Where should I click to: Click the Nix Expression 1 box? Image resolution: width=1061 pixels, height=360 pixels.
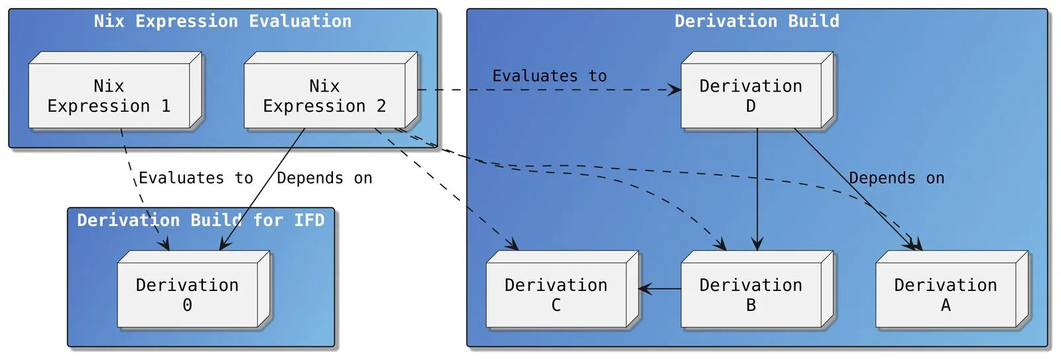[x=109, y=95]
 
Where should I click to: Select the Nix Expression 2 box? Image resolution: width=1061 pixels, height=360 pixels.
[x=325, y=95]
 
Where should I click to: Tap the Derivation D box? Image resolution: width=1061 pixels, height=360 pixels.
[x=751, y=95]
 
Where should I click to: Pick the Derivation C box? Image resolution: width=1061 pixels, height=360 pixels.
[x=556, y=294]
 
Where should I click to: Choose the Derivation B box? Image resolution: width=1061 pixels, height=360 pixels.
[x=751, y=294]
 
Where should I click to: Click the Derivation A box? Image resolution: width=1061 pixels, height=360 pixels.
[x=946, y=294]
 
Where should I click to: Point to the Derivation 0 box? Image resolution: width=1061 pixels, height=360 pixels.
[x=188, y=294]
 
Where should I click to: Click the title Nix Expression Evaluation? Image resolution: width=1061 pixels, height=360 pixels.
[x=223, y=21]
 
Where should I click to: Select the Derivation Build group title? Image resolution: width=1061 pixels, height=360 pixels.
[x=757, y=21]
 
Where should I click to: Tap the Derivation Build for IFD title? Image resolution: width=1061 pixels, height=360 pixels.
[x=201, y=220]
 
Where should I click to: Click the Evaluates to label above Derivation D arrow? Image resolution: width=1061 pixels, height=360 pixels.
[x=549, y=76]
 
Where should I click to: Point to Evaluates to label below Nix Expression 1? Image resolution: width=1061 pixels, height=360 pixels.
[x=196, y=178]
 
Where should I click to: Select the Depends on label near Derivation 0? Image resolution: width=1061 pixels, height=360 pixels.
[x=324, y=178]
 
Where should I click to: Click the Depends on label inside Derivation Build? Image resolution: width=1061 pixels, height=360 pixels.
[x=897, y=178]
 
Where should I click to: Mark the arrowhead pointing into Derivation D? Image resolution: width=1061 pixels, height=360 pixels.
[x=674, y=90]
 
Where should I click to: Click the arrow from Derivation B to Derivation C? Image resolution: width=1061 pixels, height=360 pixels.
[x=660, y=288]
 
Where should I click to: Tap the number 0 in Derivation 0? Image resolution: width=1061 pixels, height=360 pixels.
[x=188, y=305]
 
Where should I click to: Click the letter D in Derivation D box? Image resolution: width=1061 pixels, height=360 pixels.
[x=751, y=106]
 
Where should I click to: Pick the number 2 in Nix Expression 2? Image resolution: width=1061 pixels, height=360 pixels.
[x=381, y=106]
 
